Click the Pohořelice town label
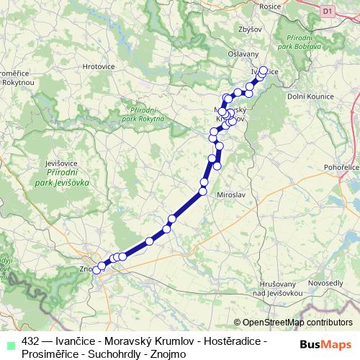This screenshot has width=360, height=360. (x=341, y=167)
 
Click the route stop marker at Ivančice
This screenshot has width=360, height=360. (x=263, y=71)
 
